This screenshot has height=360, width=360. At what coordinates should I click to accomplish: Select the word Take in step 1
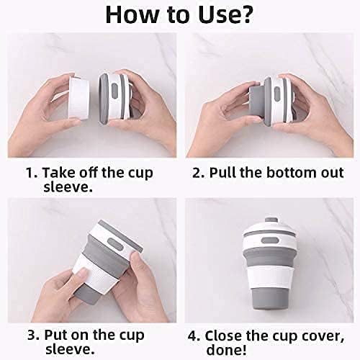tap(58, 174)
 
